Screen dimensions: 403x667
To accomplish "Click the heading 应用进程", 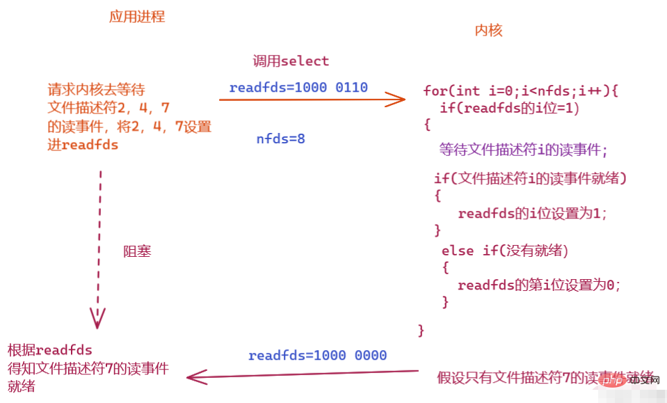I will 137,17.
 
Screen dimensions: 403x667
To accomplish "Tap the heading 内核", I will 488,31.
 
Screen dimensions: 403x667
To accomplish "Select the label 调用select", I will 291,61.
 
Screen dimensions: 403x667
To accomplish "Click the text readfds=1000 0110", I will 298,88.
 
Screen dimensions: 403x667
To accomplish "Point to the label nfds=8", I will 280,139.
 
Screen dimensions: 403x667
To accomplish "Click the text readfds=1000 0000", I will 317,356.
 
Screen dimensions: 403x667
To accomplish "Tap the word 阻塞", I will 137,251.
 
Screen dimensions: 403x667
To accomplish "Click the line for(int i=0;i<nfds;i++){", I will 521,90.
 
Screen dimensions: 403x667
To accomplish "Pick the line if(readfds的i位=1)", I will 510,108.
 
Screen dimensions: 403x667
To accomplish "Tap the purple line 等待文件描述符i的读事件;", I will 523,150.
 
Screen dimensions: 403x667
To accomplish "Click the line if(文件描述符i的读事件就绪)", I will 531,179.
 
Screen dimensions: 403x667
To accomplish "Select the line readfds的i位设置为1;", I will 533,214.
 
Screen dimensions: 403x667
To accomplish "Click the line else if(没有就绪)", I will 510,250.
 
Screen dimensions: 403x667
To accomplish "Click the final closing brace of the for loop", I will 421,330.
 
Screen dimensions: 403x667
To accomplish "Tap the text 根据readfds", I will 50,349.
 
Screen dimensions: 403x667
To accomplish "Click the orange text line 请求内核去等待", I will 96,90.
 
